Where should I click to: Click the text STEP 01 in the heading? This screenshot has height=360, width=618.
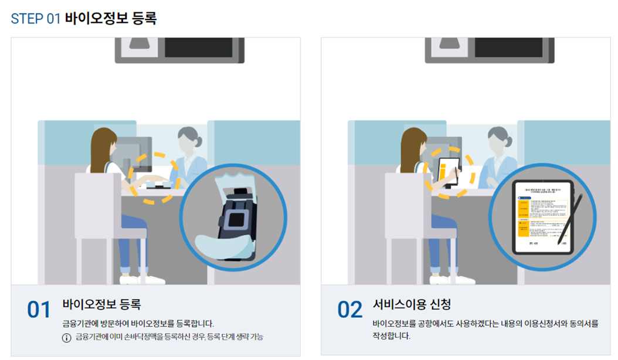pos(36,18)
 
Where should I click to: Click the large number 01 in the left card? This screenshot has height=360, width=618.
pos(39,310)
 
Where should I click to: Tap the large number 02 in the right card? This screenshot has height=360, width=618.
pos(350,310)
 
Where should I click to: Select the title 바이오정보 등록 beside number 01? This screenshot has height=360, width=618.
pos(101,304)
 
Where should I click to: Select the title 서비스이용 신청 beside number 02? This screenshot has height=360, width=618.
pos(412,304)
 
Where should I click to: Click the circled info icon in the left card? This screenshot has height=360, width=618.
pos(66,337)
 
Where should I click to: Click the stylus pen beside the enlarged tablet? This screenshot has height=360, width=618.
pos(569,218)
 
